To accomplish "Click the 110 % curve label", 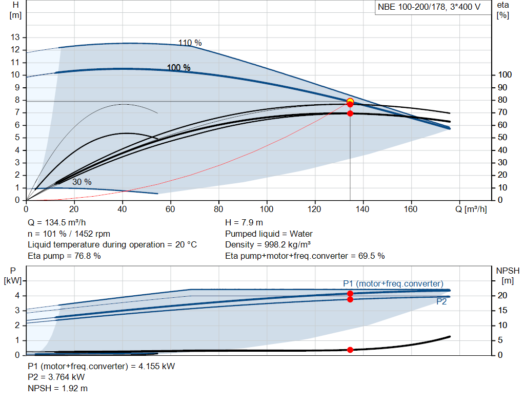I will point(190,43).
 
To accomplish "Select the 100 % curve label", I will point(178,68).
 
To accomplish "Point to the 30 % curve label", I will point(82,182).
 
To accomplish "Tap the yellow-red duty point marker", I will point(350,102).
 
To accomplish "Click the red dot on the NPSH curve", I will point(350,350).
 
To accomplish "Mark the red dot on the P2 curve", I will point(350,299).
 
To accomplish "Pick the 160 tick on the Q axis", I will point(410,209).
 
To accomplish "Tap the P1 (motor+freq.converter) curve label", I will point(393,283).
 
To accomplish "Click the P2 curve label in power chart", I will point(441,302).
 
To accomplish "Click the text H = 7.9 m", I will point(244,223).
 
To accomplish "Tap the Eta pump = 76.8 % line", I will point(64,256).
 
